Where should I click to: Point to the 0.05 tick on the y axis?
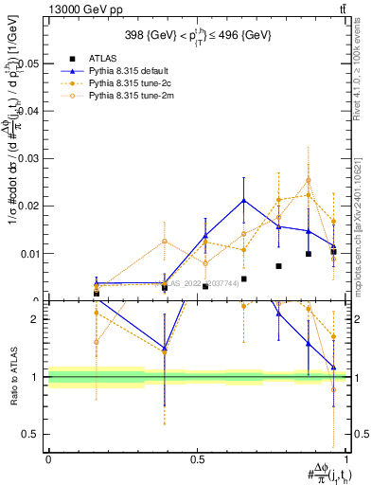point(29,63)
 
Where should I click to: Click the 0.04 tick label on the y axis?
point(29,111)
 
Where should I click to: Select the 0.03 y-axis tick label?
point(29,158)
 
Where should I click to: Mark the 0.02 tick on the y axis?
point(29,206)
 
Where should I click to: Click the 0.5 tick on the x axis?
point(198,459)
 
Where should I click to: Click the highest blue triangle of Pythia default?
point(244,200)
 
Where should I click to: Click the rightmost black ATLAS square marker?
point(333,251)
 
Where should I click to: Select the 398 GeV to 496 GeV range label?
point(198,36)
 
